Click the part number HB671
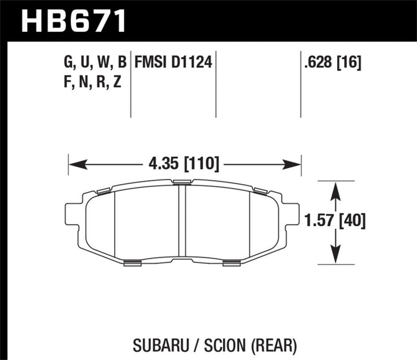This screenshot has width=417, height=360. point(73,21)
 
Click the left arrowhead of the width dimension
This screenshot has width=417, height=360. point(74,166)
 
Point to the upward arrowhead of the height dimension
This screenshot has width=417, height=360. point(335,186)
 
